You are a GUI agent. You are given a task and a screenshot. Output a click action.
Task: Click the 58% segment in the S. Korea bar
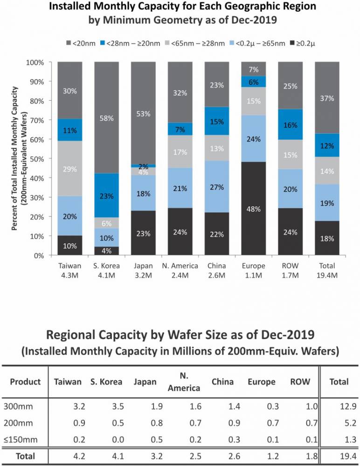click(x=107, y=118)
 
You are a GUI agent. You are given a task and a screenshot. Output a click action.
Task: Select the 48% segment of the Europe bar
click(x=254, y=209)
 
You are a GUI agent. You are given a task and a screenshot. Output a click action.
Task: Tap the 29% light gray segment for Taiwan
click(x=70, y=169)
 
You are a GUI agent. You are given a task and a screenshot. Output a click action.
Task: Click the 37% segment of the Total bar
click(x=327, y=98)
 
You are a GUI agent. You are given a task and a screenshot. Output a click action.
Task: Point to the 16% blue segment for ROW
click(x=291, y=124)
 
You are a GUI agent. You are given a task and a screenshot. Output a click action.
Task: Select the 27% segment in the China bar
click(x=217, y=187)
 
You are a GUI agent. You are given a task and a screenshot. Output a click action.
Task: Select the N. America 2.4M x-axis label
click(x=180, y=270)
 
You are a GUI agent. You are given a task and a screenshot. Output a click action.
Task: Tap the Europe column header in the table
click(x=262, y=382)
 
